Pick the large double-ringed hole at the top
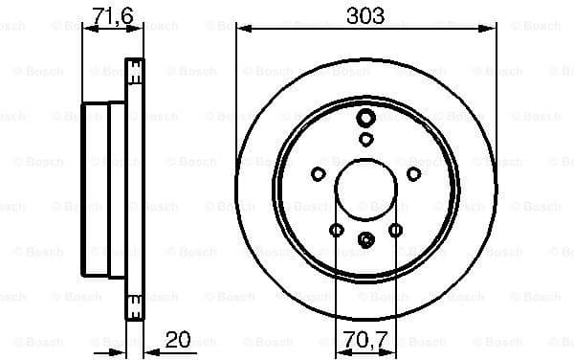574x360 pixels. [x=365, y=119]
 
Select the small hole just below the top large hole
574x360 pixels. [x=365, y=139]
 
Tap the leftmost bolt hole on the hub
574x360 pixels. [x=318, y=173]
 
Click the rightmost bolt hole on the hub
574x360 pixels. [x=413, y=173]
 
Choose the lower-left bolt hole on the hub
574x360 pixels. [x=336, y=230]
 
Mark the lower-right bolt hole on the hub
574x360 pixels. [x=395, y=230]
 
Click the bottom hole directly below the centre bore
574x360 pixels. [x=365, y=240]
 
